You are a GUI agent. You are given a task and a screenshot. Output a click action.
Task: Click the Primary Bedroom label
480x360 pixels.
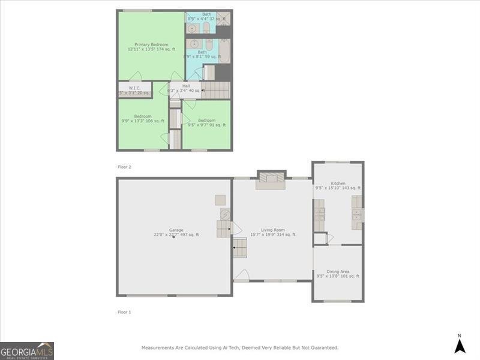[151, 44]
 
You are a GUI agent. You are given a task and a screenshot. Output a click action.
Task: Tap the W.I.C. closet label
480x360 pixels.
[134, 89]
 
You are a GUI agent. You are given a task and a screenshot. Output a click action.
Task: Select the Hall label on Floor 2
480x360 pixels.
[186, 86]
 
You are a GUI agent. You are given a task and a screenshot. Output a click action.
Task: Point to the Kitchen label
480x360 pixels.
[338, 183]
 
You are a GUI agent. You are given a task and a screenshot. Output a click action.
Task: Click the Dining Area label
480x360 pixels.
[338, 271]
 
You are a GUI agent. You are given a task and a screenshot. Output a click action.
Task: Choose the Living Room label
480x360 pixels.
[272, 229]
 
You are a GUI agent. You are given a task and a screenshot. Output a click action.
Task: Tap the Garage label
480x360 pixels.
[176, 230]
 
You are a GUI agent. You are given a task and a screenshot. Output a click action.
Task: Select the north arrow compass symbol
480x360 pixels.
[460, 344]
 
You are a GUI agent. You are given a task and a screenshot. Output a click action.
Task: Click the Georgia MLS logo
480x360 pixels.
[27, 350]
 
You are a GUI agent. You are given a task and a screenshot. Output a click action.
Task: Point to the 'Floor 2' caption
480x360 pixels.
[124, 166]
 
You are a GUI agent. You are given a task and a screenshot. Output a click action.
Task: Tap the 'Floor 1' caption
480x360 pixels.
[124, 312]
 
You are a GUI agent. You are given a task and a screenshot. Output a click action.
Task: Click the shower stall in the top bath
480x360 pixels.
[224, 19]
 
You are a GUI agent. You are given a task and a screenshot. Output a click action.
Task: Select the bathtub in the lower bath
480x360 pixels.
[224, 52]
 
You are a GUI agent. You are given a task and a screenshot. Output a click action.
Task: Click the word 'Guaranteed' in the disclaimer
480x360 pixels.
[325, 347]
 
